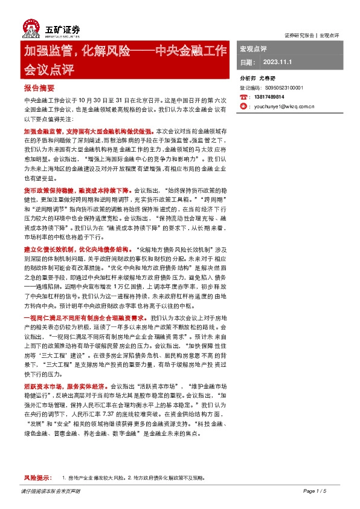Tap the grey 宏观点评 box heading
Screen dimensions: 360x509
254,48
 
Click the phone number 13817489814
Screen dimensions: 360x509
270,97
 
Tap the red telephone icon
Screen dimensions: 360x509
243,97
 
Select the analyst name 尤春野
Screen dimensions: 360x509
267,79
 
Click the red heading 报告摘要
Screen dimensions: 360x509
38,88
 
